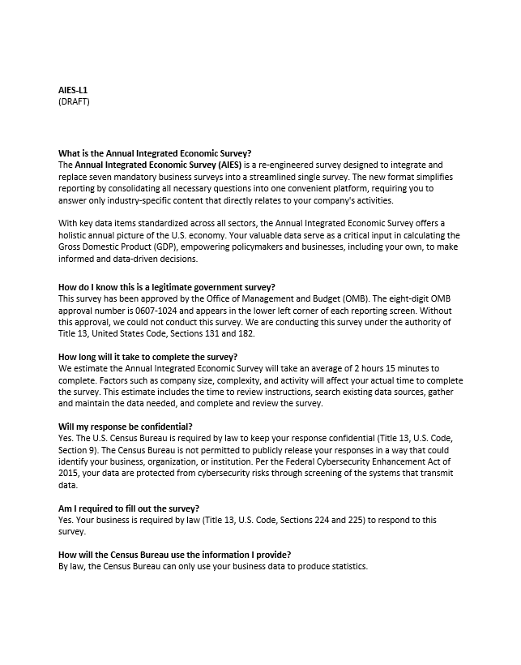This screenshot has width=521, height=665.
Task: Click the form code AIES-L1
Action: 73,90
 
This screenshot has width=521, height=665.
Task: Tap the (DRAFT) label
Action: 74,101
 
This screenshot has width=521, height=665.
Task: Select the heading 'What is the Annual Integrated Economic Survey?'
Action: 155,153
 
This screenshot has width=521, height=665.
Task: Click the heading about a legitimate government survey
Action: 167,287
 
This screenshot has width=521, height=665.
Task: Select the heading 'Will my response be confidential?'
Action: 125,427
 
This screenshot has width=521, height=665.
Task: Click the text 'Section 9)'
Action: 79,450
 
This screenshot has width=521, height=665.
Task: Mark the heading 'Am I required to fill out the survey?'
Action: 129,508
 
